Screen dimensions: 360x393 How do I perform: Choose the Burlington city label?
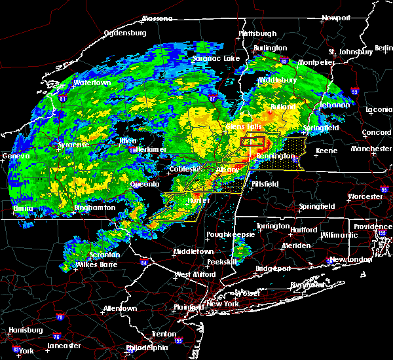[x=271, y=48]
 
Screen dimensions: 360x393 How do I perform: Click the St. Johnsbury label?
[x=350, y=52]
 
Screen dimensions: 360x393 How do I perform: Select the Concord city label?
[x=375, y=133]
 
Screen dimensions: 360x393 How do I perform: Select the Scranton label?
[x=105, y=255]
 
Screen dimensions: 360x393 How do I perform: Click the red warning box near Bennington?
[x=252, y=141]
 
